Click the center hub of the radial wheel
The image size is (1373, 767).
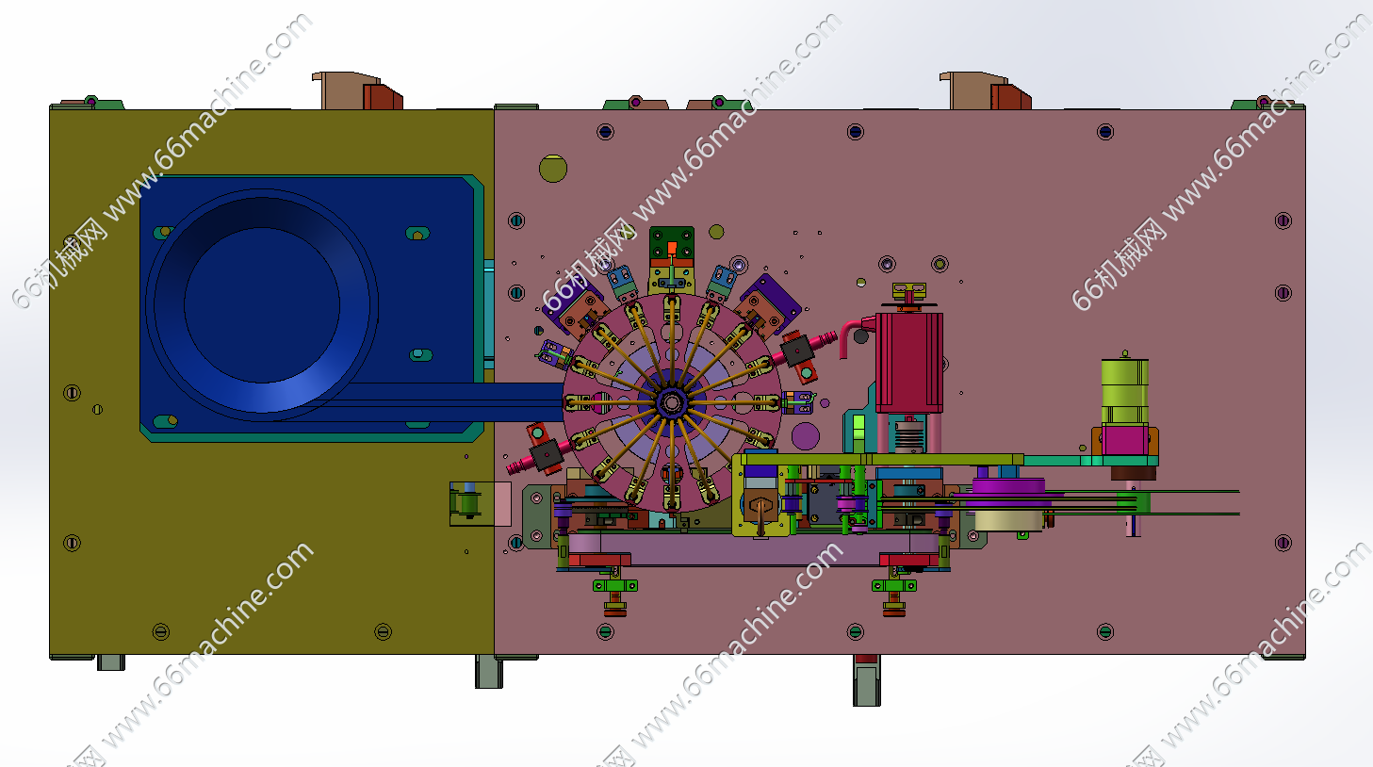click(672, 402)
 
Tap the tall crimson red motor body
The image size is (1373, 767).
click(909, 363)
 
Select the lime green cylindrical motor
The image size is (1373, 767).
click(1125, 392)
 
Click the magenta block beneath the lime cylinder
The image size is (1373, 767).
click(1125, 440)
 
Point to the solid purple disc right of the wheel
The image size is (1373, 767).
click(806, 436)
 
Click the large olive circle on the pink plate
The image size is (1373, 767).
click(553, 168)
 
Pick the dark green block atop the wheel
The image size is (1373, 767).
click(672, 243)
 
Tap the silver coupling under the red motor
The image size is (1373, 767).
click(909, 434)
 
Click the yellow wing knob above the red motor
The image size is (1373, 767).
click(909, 290)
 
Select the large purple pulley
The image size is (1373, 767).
click(1008, 493)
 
